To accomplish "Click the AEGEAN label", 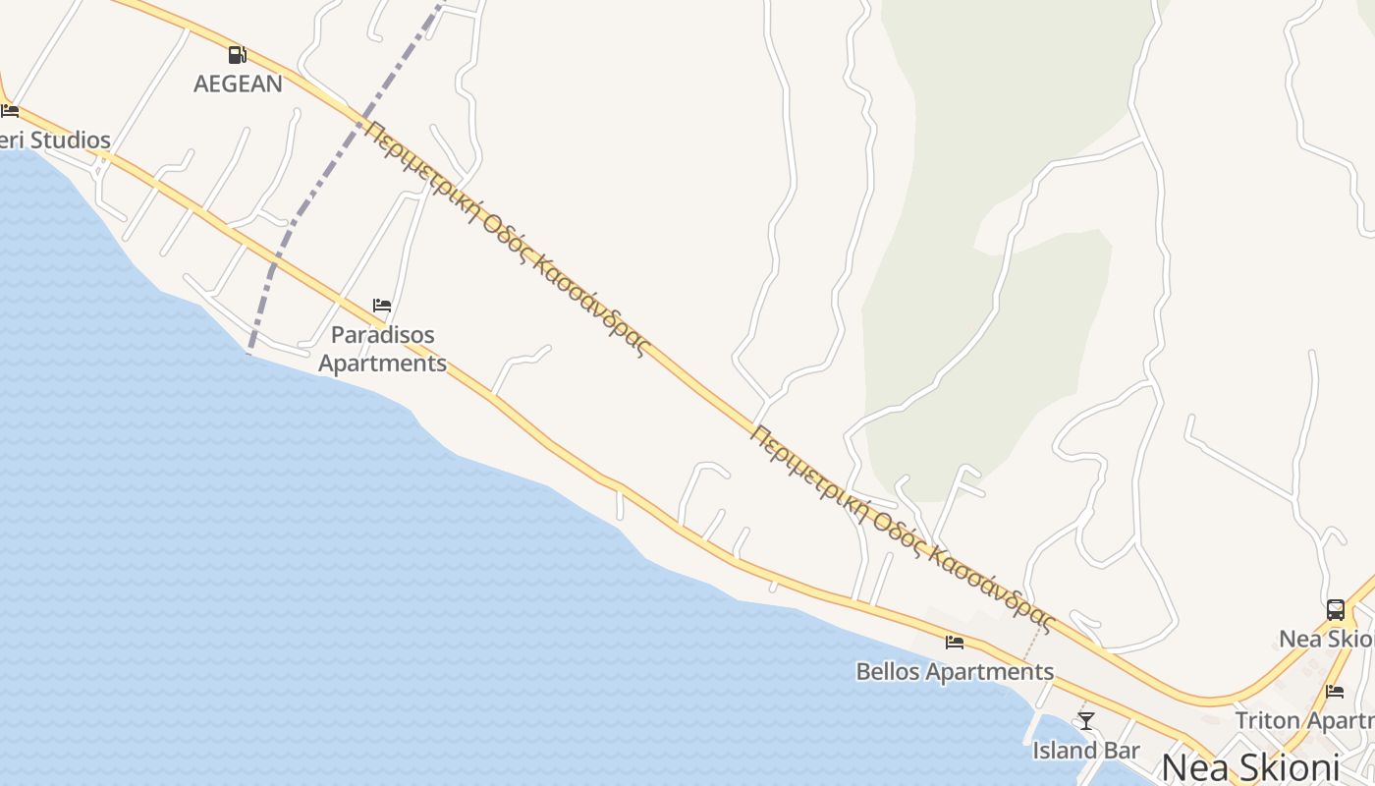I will pyautogui.click(x=238, y=84).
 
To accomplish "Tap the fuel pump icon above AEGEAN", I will pyautogui.click(x=237, y=55).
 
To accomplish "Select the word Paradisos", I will pyautogui.click(x=382, y=335).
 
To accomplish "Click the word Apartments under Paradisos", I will pyautogui.click(x=382, y=363).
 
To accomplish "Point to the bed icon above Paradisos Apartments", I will pyautogui.click(x=382, y=306).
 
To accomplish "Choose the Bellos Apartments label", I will pyautogui.click(x=955, y=672).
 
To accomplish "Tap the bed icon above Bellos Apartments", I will pyautogui.click(x=955, y=643).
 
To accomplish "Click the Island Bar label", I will pyautogui.click(x=1086, y=751).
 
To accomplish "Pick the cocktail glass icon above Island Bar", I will pyautogui.click(x=1085, y=721).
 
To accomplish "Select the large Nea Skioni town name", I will pyautogui.click(x=1250, y=766).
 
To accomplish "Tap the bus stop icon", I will pyautogui.click(x=1336, y=610).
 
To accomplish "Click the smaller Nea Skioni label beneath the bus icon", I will pyautogui.click(x=1327, y=639).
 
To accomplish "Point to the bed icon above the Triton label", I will pyautogui.click(x=1334, y=692).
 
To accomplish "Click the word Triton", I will pyautogui.click(x=1267, y=720).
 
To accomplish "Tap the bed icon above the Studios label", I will pyautogui.click(x=10, y=110).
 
